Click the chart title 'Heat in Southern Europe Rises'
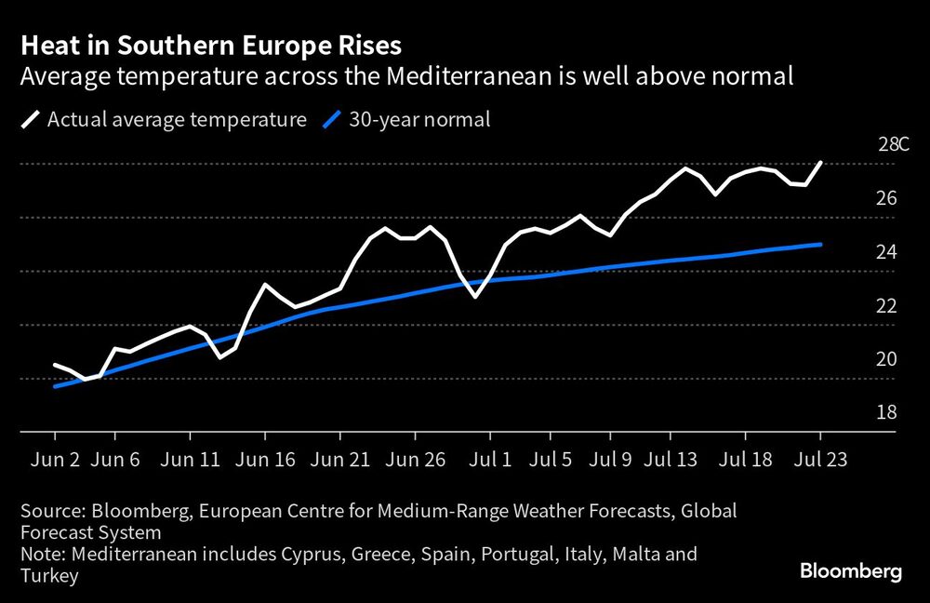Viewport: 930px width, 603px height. click(x=211, y=45)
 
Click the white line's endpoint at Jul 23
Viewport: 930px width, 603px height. click(x=820, y=162)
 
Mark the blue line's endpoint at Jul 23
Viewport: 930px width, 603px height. click(x=820, y=244)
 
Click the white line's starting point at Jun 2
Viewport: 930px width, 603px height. click(x=55, y=365)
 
